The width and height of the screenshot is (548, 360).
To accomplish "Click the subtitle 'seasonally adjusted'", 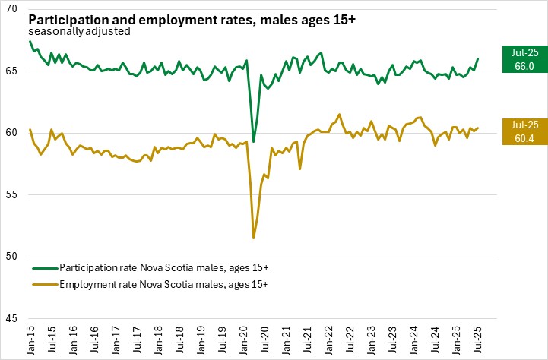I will pos(79,32).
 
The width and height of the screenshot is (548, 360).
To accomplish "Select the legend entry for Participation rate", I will pos(150,267).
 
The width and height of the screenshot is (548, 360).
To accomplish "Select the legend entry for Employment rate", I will pos(149,283).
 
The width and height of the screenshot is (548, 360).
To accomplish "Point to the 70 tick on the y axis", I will pos(16,9).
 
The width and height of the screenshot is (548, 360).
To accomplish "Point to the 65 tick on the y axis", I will pos(16,71).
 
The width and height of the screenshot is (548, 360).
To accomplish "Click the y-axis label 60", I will pos(16,133).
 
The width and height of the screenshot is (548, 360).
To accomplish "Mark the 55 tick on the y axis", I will pos(16,194).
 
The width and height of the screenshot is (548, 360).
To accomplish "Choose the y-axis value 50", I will pos(16,257).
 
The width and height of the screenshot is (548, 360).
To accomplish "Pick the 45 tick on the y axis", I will pos(16,318).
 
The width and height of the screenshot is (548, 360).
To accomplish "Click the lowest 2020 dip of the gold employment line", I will pos(254,238).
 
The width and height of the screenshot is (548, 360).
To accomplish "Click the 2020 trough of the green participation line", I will pos(254,142).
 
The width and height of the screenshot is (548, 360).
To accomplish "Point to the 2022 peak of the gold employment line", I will pos(339,115).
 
